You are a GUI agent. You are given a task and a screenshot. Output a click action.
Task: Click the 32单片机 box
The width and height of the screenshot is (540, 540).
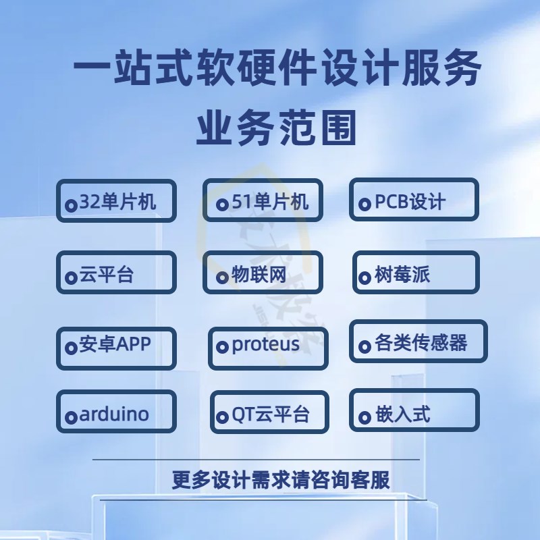[x=116, y=201]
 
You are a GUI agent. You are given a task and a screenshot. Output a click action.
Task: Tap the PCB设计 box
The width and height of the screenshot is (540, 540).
[x=414, y=200]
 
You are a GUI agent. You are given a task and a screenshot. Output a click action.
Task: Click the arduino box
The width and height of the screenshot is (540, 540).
[x=116, y=413]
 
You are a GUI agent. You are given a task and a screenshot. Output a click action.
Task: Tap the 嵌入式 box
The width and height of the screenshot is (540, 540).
[x=414, y=411]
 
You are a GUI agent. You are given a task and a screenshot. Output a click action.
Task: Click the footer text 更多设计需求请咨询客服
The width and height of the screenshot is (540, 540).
[x=281, y=479]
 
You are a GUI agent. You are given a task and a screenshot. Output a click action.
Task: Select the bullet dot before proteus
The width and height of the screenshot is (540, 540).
[x=221, y=348]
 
